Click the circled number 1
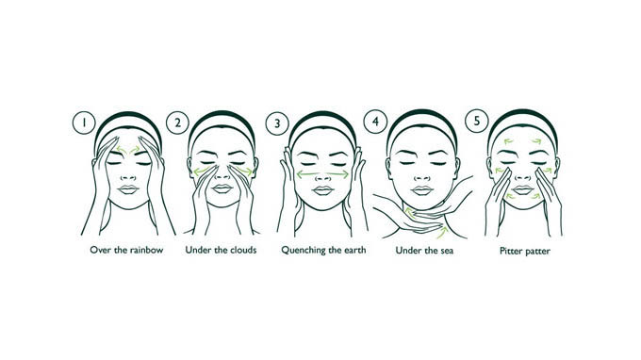[84, 123]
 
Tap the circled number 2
[177, 123]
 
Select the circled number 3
[277, 123]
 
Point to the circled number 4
[375, 122]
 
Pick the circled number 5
[477, 121]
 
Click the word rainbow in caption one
[146, 250]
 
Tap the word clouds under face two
[243, 250]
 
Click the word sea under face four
[445, 251]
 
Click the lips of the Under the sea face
[422, 190]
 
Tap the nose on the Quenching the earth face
[322, 177]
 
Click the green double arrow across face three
[322, 174]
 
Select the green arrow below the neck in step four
[442, 233]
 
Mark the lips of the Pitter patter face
[523, 190]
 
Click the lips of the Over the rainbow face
[128, 189]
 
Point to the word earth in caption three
[354, 250]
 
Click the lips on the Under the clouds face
[222, 188]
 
